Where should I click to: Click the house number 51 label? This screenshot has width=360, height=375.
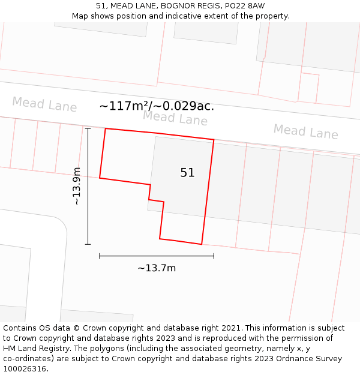click(187, 173)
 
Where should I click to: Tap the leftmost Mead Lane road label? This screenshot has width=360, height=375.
click(44, 104)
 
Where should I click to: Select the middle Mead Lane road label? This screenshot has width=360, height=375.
click(175, 118)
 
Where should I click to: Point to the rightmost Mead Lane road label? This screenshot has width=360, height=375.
click(305, 131)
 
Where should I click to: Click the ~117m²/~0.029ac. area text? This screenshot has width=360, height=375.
click(157, 106)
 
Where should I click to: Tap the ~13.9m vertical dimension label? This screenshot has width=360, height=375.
click(77, 187)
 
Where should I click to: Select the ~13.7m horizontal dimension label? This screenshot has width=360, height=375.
click(157, 268)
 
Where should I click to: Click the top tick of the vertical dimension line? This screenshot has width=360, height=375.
click(88, 128)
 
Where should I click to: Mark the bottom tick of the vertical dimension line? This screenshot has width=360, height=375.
click(88, 244)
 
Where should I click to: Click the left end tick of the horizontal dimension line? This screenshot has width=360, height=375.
click(100, 256)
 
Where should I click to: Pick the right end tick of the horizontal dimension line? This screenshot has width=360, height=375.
click(214, 256)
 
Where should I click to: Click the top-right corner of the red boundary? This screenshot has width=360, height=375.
click(214, 140)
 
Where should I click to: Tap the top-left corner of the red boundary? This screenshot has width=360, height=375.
click(106, 128)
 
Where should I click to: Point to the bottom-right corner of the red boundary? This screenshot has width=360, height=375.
click(201, 244)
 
